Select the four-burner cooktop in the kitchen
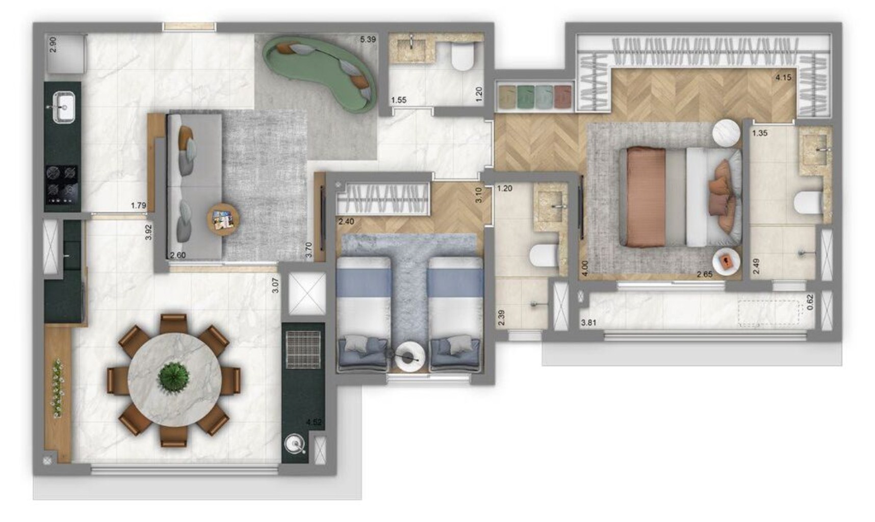click(62, 182)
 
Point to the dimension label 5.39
click(368, 39)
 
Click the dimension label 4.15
click(783, 77)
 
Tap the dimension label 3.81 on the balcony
click(588, 322)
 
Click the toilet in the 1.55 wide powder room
click(463, 57)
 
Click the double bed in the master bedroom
click(678, 196)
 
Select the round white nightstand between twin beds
click(408, 355)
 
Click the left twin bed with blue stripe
click(363, 311)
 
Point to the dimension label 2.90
click(53, 45)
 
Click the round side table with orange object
click(726, 262)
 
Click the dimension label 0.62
click(810, 302)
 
